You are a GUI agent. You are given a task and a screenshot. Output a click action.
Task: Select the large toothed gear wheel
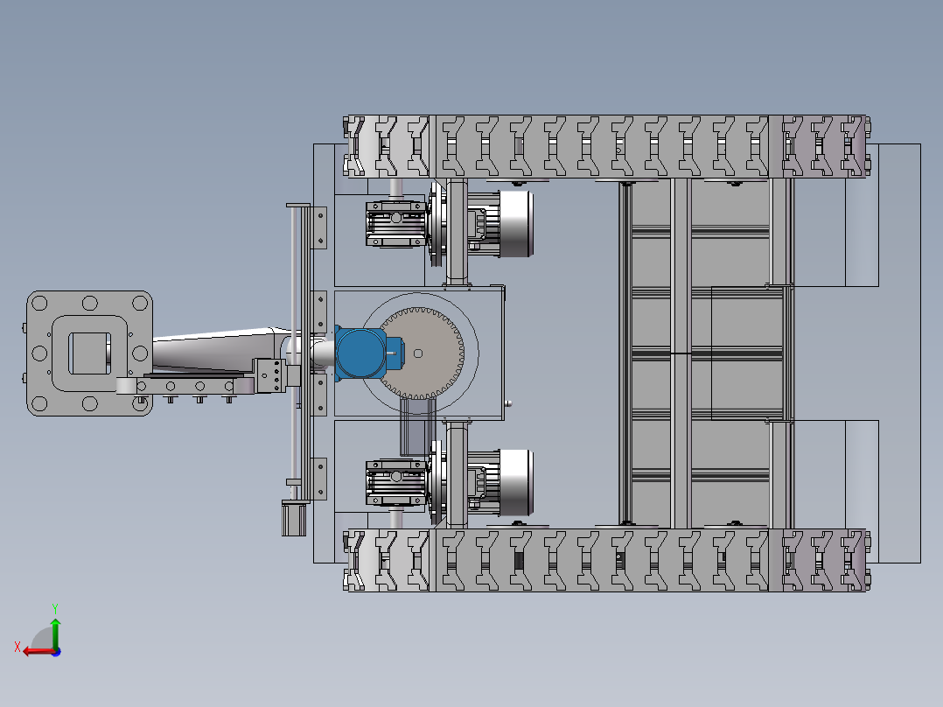(421, 353)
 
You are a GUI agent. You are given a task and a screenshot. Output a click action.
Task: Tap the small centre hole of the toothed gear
(418, 353)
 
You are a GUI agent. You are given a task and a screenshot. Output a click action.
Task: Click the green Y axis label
(55, 608)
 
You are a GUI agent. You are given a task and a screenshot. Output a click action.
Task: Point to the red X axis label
(17, 647)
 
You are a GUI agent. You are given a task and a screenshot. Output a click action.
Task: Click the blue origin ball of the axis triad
(56, 652)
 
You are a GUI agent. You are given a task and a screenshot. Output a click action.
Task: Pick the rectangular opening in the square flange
(89, 353)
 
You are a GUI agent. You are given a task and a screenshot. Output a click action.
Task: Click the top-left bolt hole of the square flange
(39, 302)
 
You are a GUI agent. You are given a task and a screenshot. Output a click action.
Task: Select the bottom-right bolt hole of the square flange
(140, 403)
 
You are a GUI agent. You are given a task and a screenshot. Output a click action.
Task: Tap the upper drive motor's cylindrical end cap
(517, 224)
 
